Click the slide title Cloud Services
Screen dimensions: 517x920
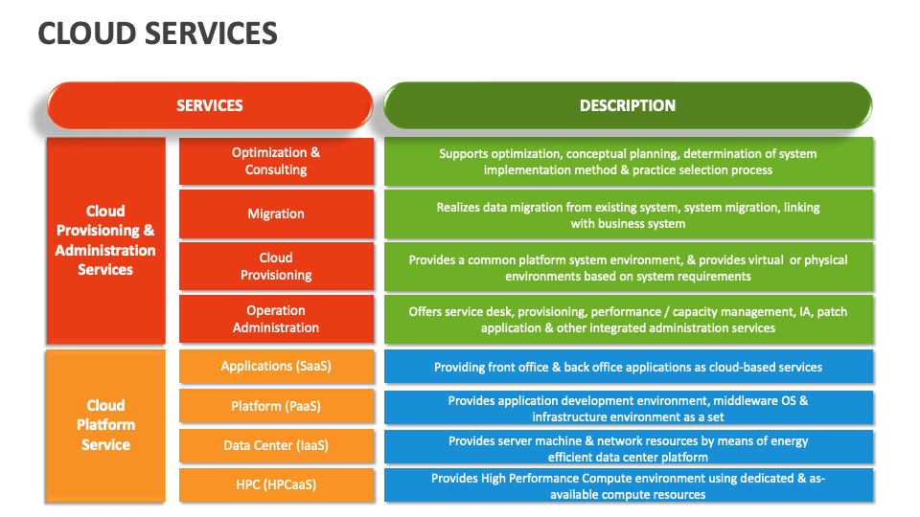158,33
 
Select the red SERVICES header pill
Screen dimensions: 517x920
209,105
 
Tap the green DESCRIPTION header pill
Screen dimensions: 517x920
628,105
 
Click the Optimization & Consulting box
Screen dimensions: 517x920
276,161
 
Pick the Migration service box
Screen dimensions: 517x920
276,214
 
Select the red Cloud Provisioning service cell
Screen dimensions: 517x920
276,266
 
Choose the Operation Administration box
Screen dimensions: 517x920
276,319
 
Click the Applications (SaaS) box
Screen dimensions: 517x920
276,367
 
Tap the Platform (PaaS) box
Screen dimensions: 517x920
276,406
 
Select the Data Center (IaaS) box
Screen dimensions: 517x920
276,445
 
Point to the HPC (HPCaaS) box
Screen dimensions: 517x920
276,484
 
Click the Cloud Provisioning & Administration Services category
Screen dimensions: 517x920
105,240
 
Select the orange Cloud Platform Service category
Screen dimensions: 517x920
105,425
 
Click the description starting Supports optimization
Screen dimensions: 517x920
628,161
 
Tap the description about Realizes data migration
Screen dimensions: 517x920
628,214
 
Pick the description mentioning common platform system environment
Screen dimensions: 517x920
628,267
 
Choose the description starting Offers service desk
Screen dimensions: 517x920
628,319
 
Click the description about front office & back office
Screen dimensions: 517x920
628,367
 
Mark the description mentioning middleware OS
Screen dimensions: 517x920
628,408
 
